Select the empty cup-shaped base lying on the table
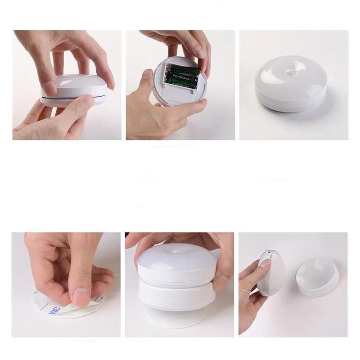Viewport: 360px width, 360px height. click(x=317, y=276)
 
